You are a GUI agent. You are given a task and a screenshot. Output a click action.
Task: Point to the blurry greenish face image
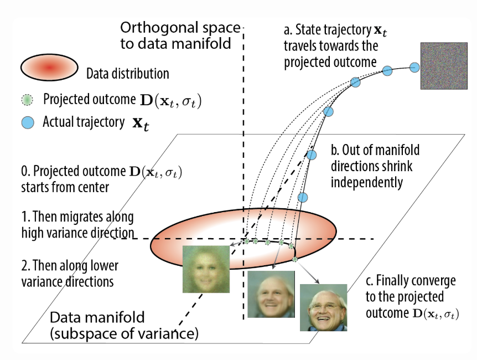click(x=205, y=270)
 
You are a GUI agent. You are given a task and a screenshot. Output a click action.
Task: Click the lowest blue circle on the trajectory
click(x=302, y=197)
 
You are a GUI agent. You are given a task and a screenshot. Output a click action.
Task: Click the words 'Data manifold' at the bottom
click(x=97, y=318)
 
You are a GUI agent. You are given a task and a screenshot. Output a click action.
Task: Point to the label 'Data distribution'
click(x=128, y=73)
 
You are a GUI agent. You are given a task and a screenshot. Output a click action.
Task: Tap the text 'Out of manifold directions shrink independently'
click(x=375, y=166)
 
